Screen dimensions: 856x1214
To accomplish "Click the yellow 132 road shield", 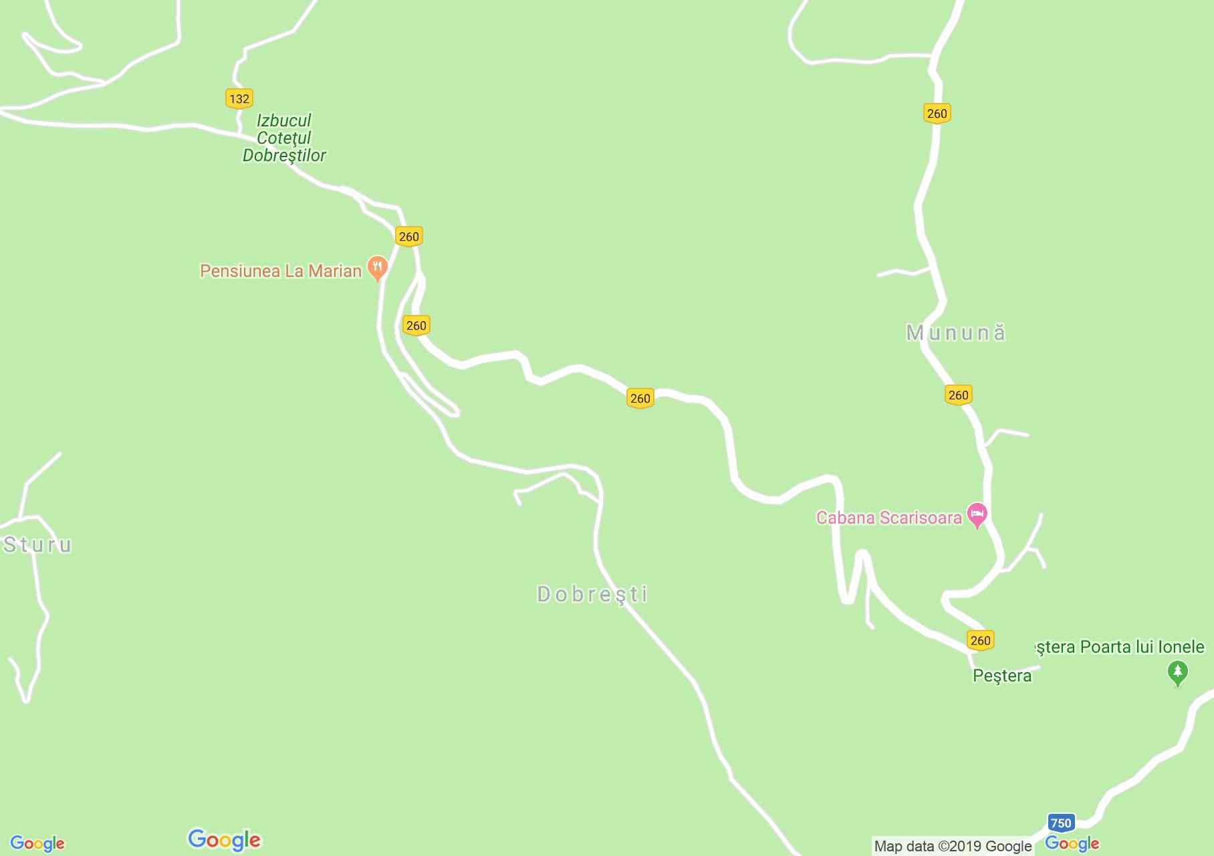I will (x=239, y=99).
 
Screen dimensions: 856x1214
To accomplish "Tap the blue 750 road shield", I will (x=1060, y=823).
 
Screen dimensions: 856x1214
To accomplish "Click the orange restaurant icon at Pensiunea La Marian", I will (x=378, y=269).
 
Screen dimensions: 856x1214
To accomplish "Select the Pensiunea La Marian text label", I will (x=281, y=271).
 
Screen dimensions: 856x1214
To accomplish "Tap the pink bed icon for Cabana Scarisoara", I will (x=977, y=514).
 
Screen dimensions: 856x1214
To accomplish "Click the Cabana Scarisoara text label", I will (x=888, y=518).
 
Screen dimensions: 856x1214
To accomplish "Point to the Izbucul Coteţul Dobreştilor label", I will (x=284, y=138).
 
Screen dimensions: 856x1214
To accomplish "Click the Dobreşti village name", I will (x=592, y=594).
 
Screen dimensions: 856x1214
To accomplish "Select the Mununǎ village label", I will (x=955, y=332).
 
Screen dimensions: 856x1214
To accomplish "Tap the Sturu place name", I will (x=37, y=545).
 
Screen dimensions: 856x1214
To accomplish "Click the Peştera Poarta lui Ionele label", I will (x=1118, y=647).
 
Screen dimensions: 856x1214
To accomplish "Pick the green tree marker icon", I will (x=1177, y=672).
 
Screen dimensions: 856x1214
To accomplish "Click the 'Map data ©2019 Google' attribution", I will (x=953, y=846).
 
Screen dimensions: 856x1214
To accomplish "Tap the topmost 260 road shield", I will (x=937, y=114).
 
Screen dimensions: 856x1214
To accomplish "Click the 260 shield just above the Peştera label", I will (x=980, y=640).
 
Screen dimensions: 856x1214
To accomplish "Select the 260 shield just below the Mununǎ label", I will (x=958, y=395).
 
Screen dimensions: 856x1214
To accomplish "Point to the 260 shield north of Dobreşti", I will (x=640, y=399).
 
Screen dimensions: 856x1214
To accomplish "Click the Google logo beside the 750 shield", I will (x=1072, y=843).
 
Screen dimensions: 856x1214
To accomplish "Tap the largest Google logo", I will (x=224, y=840).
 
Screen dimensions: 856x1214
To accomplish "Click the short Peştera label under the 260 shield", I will (x=1001, y=675).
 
